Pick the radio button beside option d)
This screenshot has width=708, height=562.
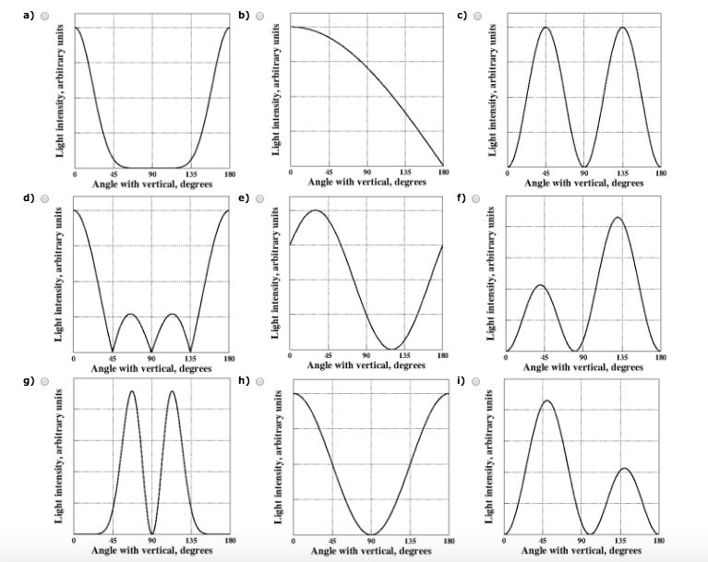click(43, 198)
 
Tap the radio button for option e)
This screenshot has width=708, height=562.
click(260, 198)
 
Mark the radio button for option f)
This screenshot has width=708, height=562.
click(477, 198)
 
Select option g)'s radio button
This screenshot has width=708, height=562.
click(43, 381)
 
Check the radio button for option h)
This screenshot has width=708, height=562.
click(260, 381)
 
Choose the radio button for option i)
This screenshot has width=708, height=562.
click(477, 381)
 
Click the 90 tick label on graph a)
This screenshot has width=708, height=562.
click(152, 173)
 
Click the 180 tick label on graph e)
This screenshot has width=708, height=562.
click(442, 355)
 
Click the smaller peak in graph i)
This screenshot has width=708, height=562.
click(624, 469)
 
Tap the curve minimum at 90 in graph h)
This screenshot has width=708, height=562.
click(371, 534)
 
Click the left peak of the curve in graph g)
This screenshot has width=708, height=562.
click(131, 391)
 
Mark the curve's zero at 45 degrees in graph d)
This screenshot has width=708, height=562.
click(113, 351)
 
